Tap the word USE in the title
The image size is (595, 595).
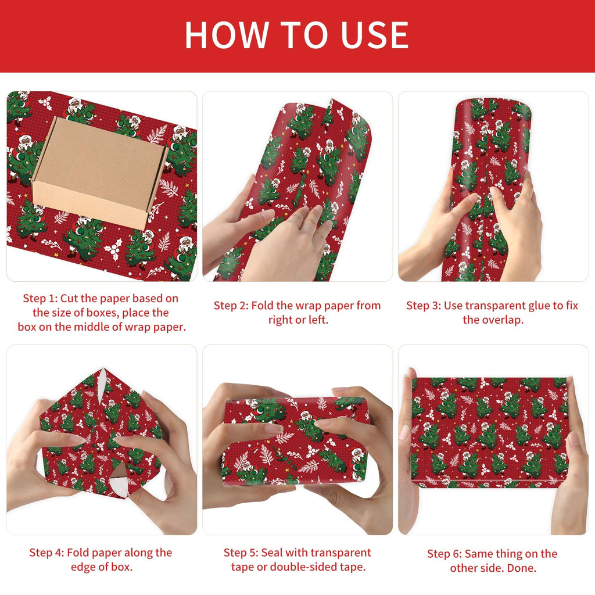[x=375, y=35]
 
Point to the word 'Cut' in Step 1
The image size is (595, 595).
[x=69, y=298]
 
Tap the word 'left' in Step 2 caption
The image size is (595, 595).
[x=317, y=320]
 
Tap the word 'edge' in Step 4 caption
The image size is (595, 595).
[x=82, y=567]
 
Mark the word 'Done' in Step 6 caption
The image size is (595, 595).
[x=522, y=568]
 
